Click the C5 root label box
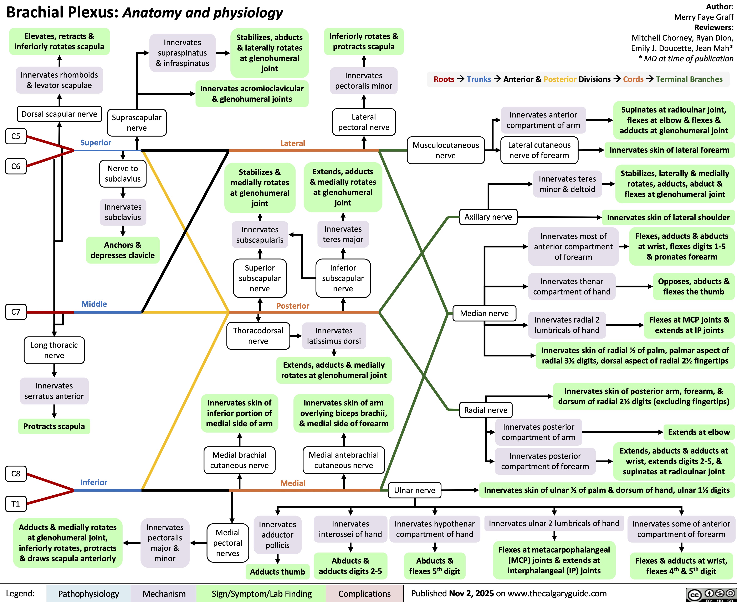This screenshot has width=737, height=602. pos(16,136)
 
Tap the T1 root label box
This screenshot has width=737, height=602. pos(16,503)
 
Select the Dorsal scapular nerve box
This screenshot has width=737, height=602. pos(59,114)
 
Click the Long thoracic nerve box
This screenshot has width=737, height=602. pos(54,350)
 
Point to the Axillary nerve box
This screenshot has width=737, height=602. pos(488,217)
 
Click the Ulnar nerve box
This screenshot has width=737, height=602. pos(414,490)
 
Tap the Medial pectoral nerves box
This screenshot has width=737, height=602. pos(228,543)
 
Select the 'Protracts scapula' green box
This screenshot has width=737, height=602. pos(54,426)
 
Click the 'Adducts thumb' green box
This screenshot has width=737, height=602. pos(277,571)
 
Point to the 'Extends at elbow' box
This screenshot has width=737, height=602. pos(699,432)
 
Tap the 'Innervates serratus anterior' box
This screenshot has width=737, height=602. pos(54,391)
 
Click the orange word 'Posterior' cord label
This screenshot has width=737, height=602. pos(293,305)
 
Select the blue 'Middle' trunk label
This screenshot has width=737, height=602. pos(94,304)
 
